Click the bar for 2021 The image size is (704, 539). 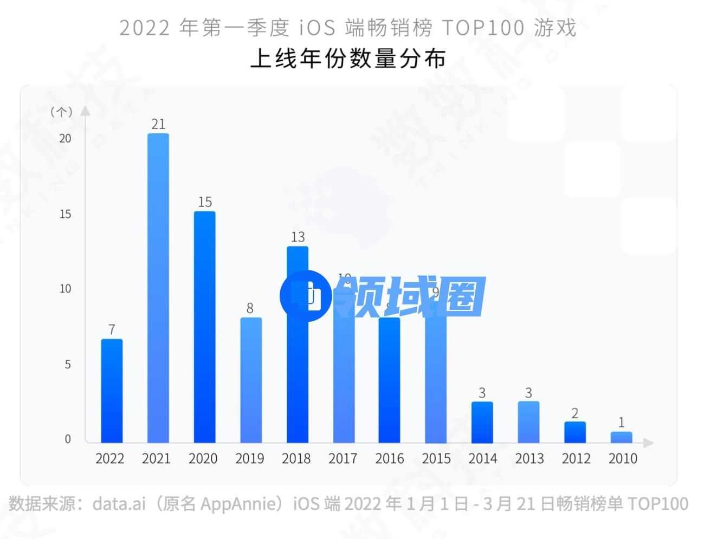click(x=158, y=287)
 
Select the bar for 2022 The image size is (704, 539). click(x=112, y=390)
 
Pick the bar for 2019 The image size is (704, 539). click(x=250, y=379)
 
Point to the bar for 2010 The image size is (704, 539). click(x=621, y=437)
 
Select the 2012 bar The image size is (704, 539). click(x=574, y=432)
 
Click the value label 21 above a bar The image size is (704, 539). click(x=158, y=124)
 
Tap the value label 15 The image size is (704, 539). click(x=205, y=202)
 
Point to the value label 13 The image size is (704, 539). click(x=298, y=237)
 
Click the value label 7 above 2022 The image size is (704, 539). click(x=112, y=329)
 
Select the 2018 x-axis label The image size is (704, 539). click(x=296, y=458)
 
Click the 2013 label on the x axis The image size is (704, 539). click(x=529, y=458)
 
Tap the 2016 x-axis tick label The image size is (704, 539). click(x=389, y=458)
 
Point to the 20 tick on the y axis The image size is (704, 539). click(x=65, y=138)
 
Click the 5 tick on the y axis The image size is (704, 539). click(x=68, y=364)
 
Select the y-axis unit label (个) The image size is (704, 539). click(x=61, y=112)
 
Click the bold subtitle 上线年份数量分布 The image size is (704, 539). click(x=348, y=59)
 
